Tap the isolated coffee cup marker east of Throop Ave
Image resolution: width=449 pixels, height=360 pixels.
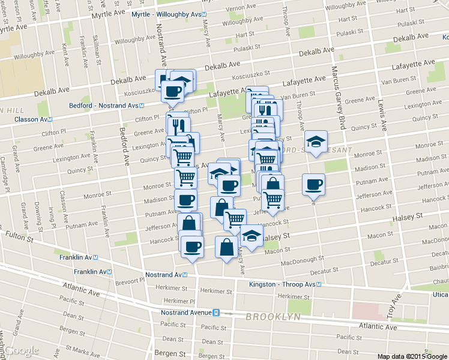pos(313,184)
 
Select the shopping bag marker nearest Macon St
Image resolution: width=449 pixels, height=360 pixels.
pos(226,247)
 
